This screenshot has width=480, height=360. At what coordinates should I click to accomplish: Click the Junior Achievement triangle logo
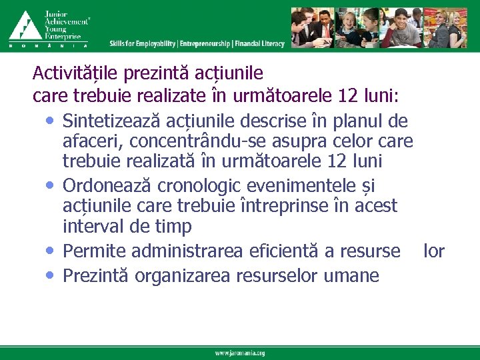25,25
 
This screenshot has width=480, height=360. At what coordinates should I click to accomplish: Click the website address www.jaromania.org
240,353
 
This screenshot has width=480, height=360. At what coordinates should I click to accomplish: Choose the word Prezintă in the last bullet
96,275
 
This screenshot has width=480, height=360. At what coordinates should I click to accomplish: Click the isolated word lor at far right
434,251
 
